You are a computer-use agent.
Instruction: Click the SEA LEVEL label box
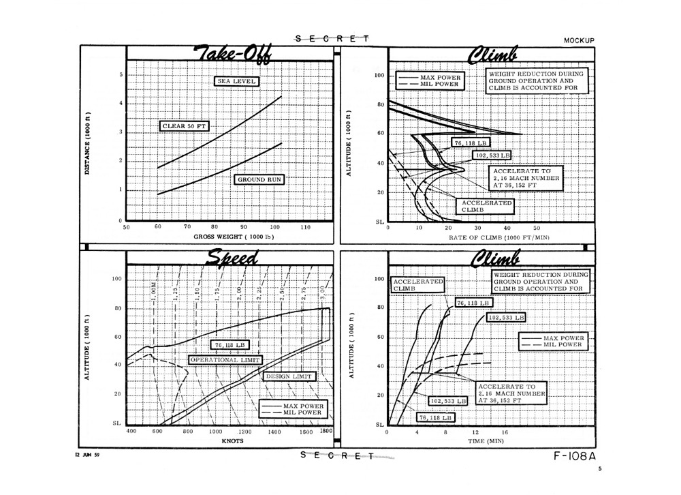(237, 81)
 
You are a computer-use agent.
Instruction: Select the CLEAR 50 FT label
(184, 126)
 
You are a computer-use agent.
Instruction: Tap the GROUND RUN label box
(259, 179)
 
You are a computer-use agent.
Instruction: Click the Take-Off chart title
(233, 55)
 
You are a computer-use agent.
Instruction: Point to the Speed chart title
(232, 258)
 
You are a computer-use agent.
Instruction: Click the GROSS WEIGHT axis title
(234, 237)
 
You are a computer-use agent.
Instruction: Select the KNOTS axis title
(233, 440)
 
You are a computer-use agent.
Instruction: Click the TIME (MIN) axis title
(486, 440)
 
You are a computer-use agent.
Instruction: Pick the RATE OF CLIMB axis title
(499, 237)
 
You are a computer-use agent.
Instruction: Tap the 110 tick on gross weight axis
(306, 227)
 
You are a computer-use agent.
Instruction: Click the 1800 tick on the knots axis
(326, 431)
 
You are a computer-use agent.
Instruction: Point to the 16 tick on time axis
(505, 432)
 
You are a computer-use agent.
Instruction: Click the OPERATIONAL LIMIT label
(225, 360)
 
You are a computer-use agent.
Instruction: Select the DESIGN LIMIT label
(289, 376)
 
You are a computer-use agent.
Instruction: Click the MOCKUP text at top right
(579, 40)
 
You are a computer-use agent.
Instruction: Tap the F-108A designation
(575, 456)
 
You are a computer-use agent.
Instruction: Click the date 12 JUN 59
(87, 455)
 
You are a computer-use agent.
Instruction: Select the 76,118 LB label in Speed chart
(229, 345)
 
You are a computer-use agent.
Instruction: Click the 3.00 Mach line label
(322, 292)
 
